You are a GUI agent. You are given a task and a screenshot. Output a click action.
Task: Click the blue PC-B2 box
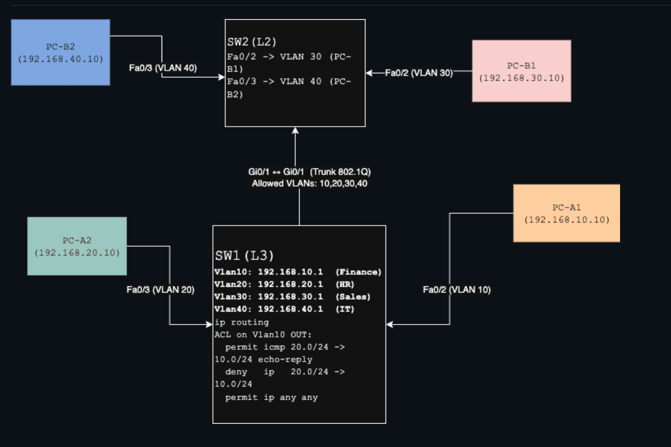[x=61, y=52]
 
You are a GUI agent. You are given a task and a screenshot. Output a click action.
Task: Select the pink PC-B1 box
[x=521, y=71]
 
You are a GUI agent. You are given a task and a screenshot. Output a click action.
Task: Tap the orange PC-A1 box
[x=567, y=213]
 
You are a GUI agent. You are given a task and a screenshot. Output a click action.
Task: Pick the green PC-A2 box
[x=77, y=246]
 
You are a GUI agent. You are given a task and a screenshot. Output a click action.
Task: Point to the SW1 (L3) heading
[x=244, y=255]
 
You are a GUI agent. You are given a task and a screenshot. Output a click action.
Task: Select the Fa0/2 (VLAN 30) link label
[x=419, y=73]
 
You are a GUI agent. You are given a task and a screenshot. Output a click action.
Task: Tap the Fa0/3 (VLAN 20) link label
[x=160, y=290]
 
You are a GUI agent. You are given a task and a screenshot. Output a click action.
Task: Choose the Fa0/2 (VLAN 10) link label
[x=456, y=290]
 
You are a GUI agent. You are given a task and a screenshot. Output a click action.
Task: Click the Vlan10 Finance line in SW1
[x=298, y=272]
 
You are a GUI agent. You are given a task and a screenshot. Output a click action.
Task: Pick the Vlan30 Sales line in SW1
[x=292, y=297]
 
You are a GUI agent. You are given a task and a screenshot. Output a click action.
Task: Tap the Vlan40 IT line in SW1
[x=284, y=309]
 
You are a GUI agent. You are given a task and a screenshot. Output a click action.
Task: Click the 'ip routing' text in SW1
[x=242, y=322]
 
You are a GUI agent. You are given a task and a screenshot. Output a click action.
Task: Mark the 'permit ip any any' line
[x=271, y=398]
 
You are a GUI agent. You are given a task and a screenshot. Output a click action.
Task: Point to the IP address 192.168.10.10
[x=567, y=219]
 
